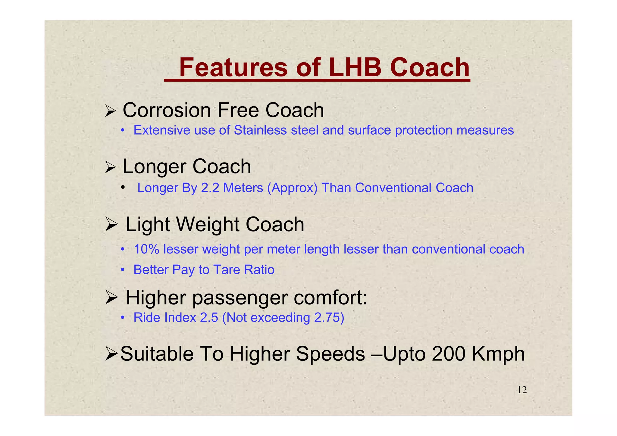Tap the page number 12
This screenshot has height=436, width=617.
pos(522,390)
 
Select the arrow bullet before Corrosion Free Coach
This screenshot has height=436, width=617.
pos(110,111)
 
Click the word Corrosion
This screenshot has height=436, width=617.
pos(167,110)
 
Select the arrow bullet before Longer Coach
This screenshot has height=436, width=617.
pos(110,167)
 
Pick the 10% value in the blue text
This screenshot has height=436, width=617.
pos(146,249)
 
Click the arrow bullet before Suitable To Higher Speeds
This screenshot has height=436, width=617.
pos(112,354)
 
